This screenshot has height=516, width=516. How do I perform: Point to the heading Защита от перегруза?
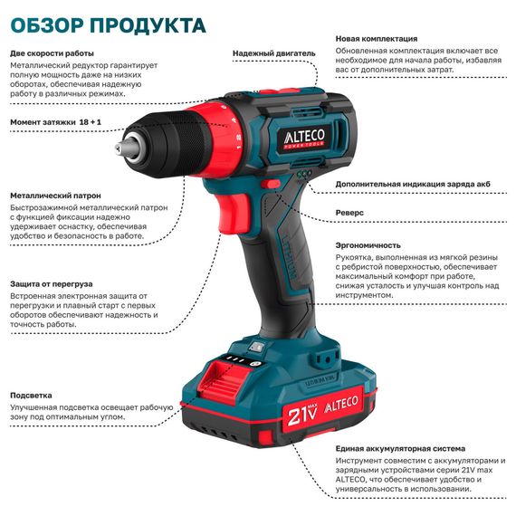coord(53,282)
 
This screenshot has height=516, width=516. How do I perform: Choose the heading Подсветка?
coord(32,395)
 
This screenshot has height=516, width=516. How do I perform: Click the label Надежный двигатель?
coord(269,53)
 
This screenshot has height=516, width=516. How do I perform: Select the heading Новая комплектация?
coord(376,39)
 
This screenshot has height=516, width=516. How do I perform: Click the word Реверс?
coord(349,212)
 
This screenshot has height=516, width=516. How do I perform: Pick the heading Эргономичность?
coord(368,244)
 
